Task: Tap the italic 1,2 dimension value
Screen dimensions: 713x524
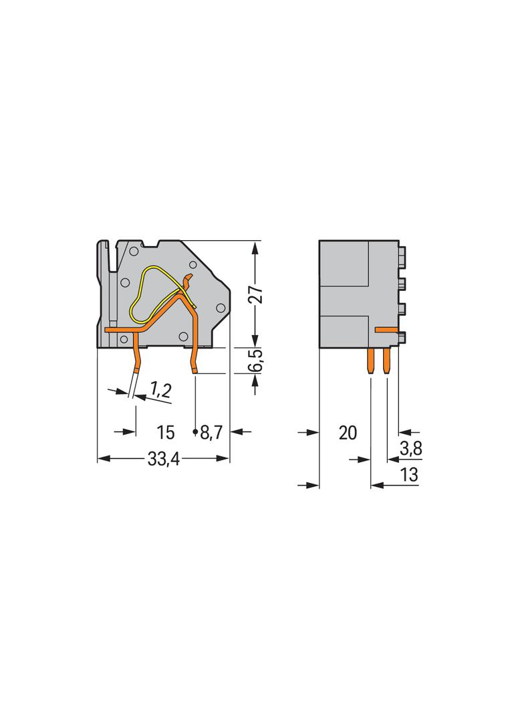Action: (x=159, y=389)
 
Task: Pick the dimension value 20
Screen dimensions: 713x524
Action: (x=348, y=433)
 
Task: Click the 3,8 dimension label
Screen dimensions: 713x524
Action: (x=410, y=449)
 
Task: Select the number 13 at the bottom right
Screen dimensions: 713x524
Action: (x=409, y=475)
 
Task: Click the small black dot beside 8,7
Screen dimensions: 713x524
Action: (x=195, y=433)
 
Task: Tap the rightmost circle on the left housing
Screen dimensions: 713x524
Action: (x=219, y=307)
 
